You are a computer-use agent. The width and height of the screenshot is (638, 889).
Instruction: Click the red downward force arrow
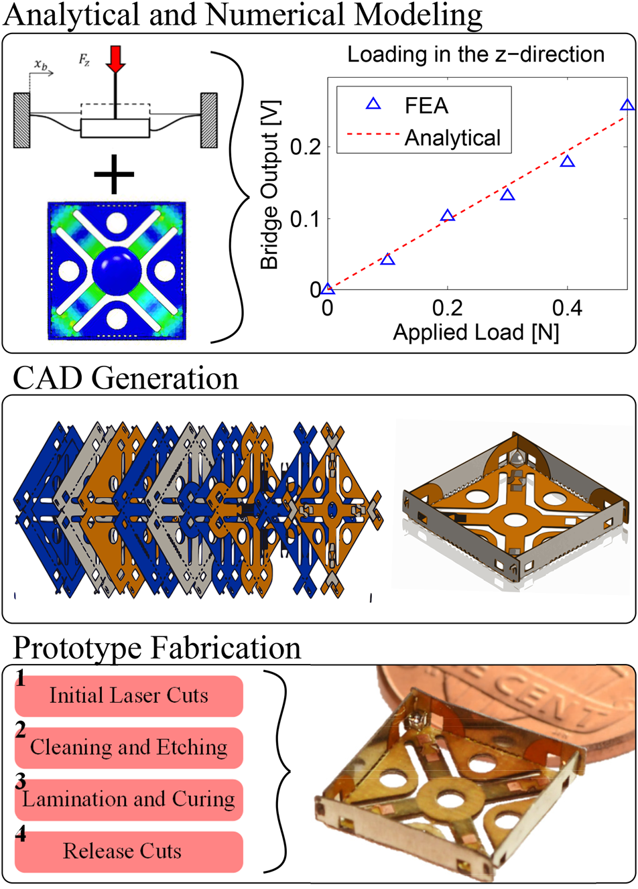pyautogui.click(x=116, y=58)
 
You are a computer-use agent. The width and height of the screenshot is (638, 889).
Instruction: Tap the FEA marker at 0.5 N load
pyautogui.click(x=627, y=105)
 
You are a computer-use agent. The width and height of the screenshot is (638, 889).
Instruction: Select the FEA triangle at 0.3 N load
pyautogui.click(x=507, y=196)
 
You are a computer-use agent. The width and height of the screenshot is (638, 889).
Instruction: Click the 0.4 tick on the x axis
pyautogui.click(x=567, y=308)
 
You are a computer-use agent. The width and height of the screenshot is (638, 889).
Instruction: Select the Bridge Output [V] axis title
pyautogui.click(x=269, y=185)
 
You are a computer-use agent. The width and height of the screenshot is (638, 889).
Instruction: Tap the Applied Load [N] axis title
pyautogui.click(x=476, y=332)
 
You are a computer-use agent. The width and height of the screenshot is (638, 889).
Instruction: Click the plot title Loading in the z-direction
pyautogui.click(x=476, y=54)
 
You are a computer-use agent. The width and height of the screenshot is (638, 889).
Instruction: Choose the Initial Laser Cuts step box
pyautogui.click(x=129, y=696)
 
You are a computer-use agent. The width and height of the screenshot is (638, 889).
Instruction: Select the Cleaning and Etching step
pyautogui.click(x=129, y=748)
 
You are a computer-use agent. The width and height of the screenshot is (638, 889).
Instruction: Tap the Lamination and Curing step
pyautogui.click(x=129, y=799)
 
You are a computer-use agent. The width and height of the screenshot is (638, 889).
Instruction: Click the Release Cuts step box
pyautogui.click(x=129, y=851)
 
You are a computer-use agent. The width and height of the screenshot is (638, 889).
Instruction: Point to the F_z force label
pyautogui.click(x=84, y=61)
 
